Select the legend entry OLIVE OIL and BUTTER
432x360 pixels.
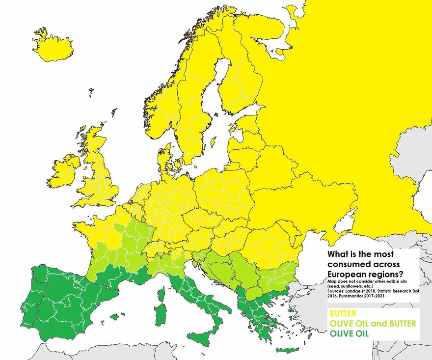[x=373, y=323]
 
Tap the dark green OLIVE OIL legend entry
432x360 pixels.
[x=349, y=333]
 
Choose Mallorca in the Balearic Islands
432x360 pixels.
[x=114, y=317]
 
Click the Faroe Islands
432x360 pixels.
[x=91, y=91]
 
